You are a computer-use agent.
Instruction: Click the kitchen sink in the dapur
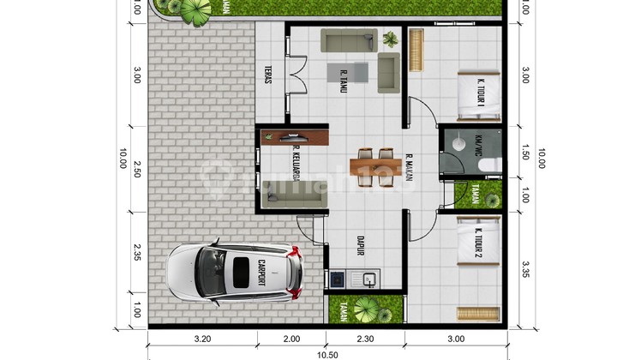pyautogui.click(x=370, y=279)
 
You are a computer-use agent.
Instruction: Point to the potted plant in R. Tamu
pyautogui.click(x=391, y=38)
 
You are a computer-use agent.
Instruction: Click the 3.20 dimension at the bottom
pyautogui.click(x=202, y=339)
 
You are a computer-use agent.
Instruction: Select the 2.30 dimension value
pyautogui.click(x=366, y=339)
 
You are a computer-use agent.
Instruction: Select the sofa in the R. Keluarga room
pyautogui.click(x=292, y=198)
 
